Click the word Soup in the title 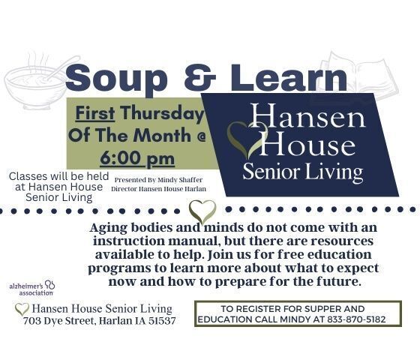(x=116, y=79)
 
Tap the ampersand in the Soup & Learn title (x=200, y=78)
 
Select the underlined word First (x=95, y=112)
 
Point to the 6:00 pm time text (x=137, y=158)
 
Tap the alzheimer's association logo (x=31, y=288)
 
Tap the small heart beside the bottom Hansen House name (x=22, y=309)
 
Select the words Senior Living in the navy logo (x=303, y=172)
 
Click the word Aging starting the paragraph (x=109, y=228)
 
